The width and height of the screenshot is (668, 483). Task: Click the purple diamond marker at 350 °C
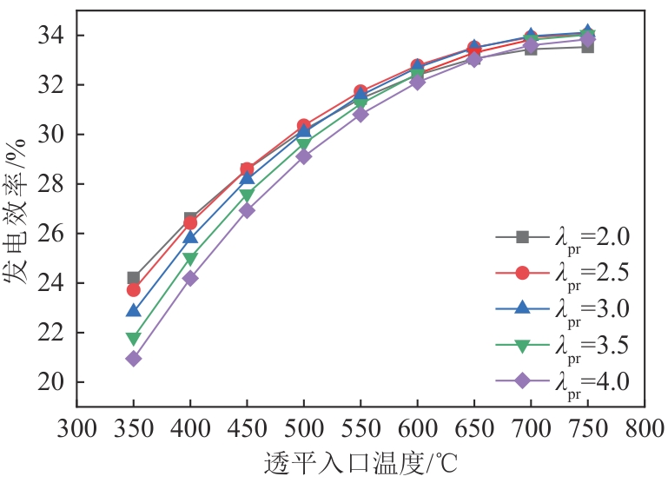[133, 358]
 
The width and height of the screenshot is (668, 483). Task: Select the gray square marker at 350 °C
[133, 278]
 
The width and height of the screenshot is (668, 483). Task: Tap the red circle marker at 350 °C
[133, 290]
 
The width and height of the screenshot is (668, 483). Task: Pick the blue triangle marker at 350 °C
[133, 310]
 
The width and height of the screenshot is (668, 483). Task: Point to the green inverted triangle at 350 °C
[133, 338]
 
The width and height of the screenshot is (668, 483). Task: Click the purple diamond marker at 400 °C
[190, 278]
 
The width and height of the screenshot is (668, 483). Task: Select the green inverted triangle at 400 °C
[190, 258]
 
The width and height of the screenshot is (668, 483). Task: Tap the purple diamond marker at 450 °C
[247, 210]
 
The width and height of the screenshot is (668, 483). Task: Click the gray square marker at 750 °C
[588, 47]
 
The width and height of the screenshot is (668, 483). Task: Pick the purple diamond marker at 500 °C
[304, 156]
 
